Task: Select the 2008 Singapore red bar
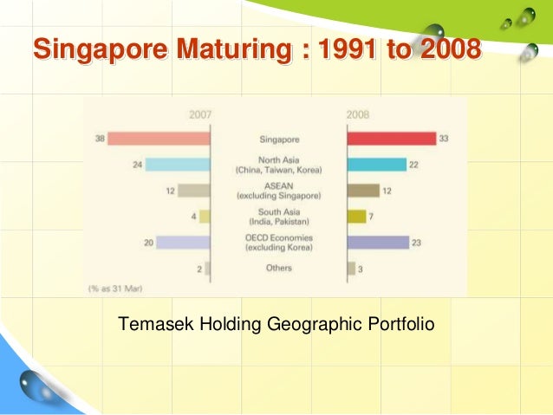click(391, 139)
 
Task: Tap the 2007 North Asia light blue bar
click(177, 165)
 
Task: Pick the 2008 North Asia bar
click(376, 165)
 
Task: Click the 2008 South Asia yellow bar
click(356, 217)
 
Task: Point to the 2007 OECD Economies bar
click(183, 243)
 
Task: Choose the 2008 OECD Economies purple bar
click(377, 243)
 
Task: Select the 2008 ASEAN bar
click(362, 191)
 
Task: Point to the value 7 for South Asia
click(371, 217)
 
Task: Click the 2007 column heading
click(199, 113)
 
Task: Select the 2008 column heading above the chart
click(357, 113)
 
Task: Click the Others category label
click(278, 269)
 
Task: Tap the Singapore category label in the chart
click(278, 139)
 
